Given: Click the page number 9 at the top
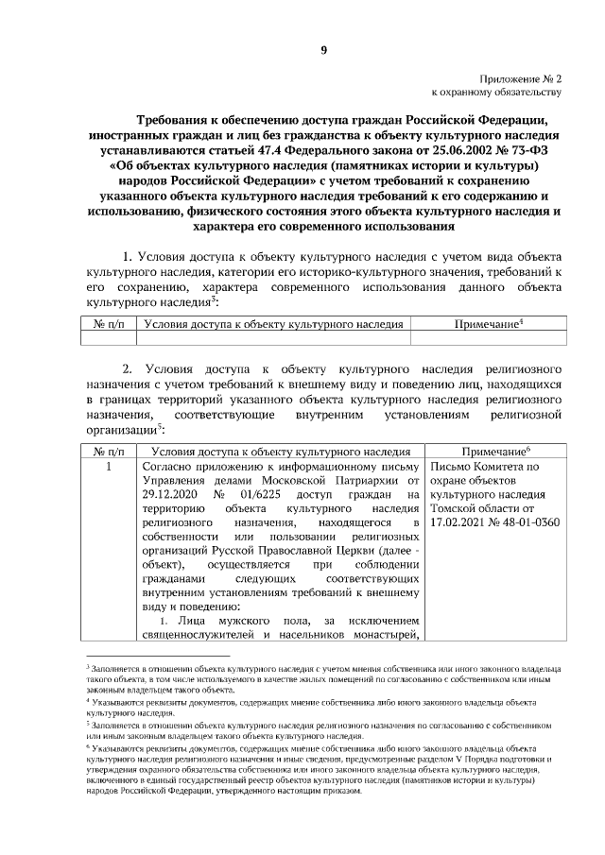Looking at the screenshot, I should [321, 50].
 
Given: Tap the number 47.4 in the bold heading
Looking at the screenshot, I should [276, 149].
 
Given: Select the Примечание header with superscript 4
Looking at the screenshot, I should [488, 323].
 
